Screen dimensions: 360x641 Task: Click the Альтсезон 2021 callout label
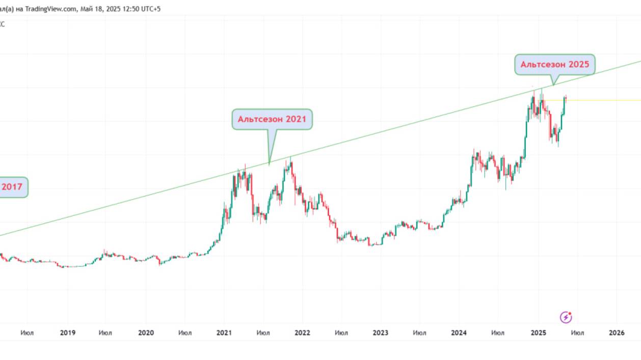tap(272, 119)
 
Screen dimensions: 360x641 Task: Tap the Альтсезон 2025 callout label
tap(554, 65)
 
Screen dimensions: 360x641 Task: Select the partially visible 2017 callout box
tap(12, 187)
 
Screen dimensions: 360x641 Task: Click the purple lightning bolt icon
tap(566, 317)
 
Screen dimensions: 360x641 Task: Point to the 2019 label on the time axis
tap(68, 333)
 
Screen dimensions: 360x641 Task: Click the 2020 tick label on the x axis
tap(146, 333)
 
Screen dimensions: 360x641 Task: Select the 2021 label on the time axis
tap(224, 333)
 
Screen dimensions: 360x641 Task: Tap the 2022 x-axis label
tap(302, 333)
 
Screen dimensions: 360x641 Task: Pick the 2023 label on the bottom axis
tap(380, 333)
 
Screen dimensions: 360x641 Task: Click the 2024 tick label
tap(459, 333)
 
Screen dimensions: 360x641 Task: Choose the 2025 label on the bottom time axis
tap(538, 333)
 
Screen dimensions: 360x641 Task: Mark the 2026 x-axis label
tap(617, 333)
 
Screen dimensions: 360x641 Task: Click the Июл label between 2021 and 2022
tap(263, 333)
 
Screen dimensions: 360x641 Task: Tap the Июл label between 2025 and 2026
tap(577, 333)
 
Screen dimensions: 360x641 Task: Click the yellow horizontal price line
tap(601, 100)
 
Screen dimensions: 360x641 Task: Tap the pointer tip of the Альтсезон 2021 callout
tap(269, 164)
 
